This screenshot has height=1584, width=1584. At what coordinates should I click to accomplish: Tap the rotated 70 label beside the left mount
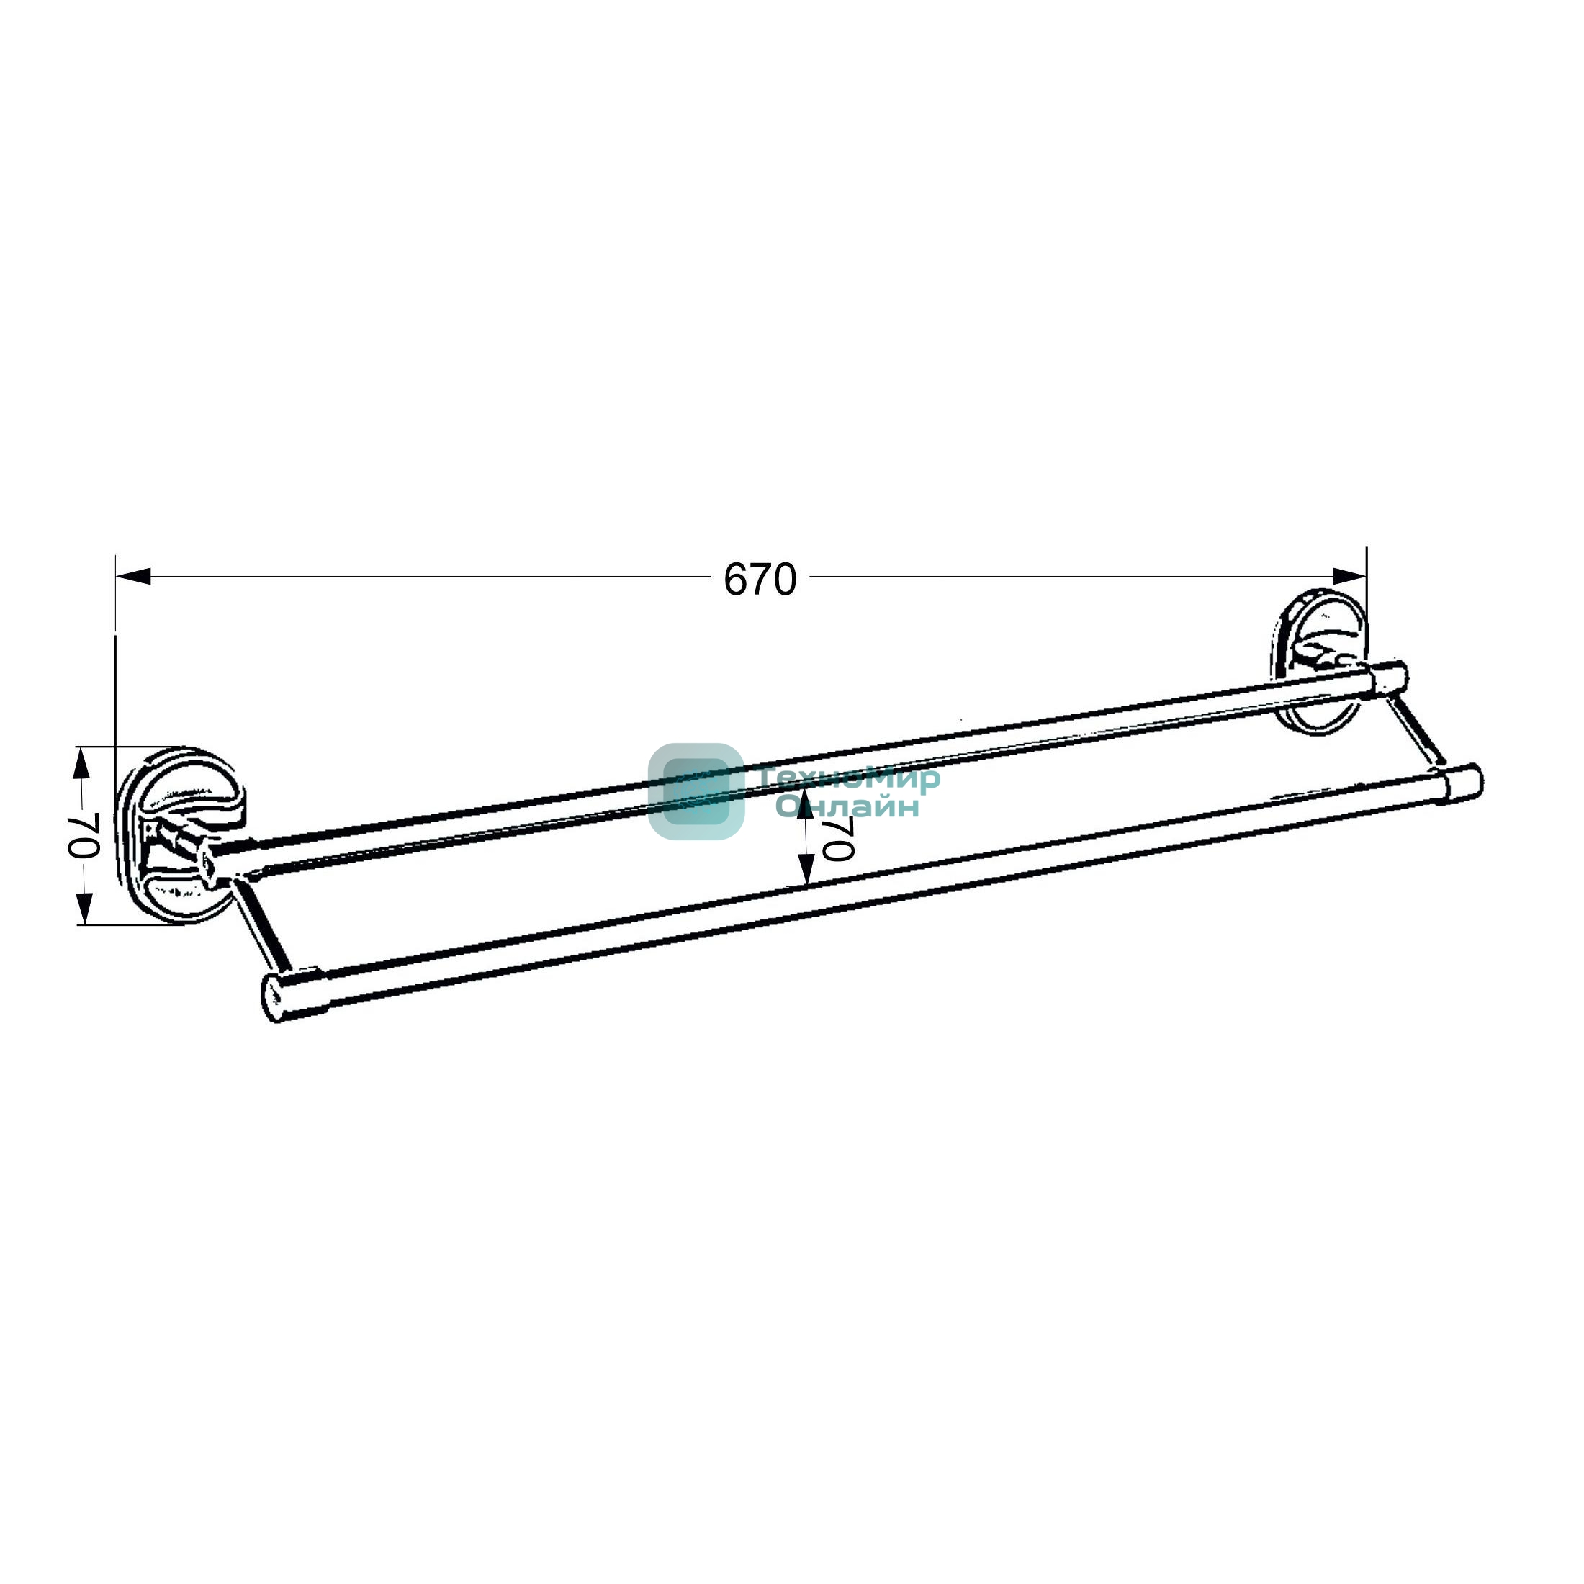coord(83,835)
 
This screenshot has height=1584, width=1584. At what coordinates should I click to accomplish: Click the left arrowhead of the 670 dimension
coord(132,577)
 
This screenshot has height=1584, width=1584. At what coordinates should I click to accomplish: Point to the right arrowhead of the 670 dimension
coord(1349,577)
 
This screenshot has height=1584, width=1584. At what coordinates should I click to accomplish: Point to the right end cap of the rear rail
coord(1390,679)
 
